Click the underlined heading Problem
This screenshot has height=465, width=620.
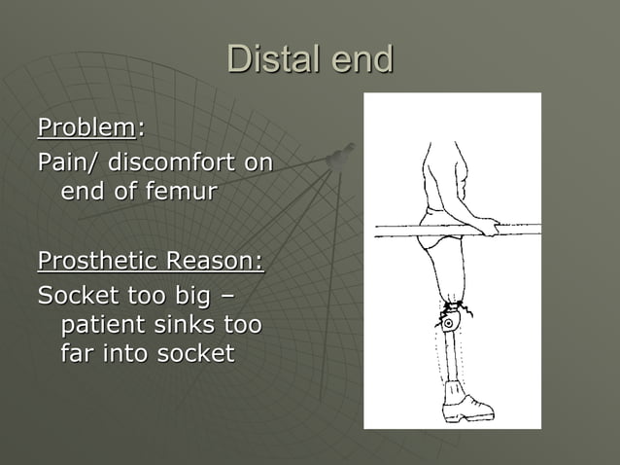(86, 127)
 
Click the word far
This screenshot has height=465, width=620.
(81, 352)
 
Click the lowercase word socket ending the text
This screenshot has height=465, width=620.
(199, 352)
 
